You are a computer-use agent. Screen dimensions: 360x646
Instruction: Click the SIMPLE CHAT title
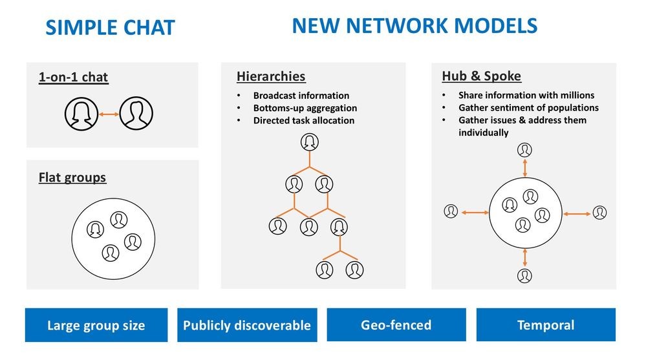[110, 28]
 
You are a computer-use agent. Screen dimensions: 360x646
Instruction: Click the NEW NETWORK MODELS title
[415, 26]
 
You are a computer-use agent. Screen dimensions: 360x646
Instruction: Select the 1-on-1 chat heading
[73, 78]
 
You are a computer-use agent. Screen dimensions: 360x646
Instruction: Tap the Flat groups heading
[72, 177]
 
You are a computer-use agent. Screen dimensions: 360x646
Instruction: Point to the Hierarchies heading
[271, 76]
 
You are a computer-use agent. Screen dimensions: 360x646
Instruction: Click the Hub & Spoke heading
[481, 76]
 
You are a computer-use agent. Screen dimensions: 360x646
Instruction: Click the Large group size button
[96, 325]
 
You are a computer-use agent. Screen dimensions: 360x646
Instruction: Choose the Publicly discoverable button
[247, 325]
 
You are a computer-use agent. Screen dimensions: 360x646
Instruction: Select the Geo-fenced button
[396, 324]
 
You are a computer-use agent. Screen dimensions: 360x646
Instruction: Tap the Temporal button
[546, 324]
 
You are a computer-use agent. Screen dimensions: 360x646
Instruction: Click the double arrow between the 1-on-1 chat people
[109, 114]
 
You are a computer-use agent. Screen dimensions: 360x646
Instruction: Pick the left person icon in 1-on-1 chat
[81, 114]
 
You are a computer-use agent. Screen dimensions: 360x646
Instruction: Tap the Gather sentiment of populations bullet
[528, 108]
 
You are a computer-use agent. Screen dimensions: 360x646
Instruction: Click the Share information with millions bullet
[526, 96]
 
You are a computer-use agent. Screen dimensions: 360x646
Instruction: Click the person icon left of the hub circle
[451, 211]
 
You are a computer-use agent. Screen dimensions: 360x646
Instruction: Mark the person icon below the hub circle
[524, 275]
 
